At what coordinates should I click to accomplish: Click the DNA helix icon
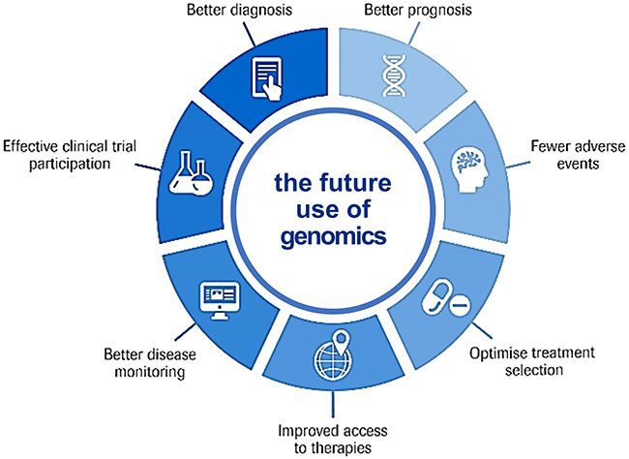(x=394, y=76)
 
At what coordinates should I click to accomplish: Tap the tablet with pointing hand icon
(x=267, y=78)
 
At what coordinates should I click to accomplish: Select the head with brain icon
(x=470, y=169)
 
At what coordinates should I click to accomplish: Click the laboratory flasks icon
(x=191, y=173)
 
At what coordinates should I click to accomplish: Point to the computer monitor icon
(x=220, y=300)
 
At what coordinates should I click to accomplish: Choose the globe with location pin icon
(x=333, y=354)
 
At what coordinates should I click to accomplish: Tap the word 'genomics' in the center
(x=333, y=236)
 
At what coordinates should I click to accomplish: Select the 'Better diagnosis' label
(x=239, y=10)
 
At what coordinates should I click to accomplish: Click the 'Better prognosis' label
(x=418, y=10)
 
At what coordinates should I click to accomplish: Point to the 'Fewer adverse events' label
(x=578, y=155)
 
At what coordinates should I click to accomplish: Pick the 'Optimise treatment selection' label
(x=532, y=361)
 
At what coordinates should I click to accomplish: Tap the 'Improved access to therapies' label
(x=333, y=439)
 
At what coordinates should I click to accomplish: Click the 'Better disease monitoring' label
(x=150, y=363)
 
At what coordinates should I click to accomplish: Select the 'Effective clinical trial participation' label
(x=70, y=155)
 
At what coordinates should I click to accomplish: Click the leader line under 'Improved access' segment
(x=333, y=404)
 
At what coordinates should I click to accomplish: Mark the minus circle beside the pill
(x=460, y=306)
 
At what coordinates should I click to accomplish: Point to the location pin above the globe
(x=342, y=341)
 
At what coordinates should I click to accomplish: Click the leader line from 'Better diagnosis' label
(x=249, y=33)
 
